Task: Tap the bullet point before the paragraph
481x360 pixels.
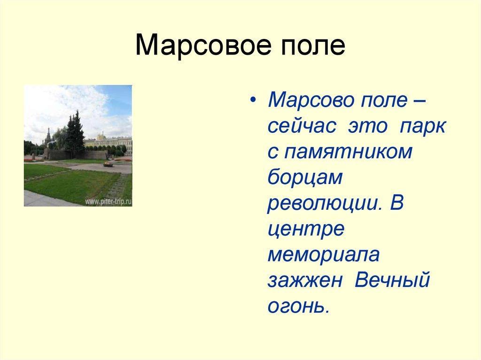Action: point(254,102)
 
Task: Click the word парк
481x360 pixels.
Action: point(422,126)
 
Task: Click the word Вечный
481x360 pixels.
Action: point(392,281)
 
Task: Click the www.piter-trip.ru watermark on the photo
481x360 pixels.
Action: point(108,201)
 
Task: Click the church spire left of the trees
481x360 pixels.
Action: point(47,136)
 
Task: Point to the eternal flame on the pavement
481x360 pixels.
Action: point(108,164)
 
